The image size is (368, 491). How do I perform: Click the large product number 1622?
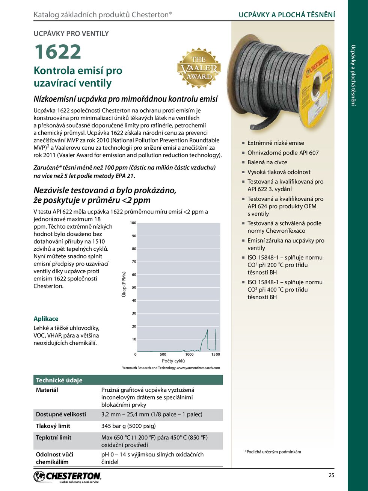[57, 52]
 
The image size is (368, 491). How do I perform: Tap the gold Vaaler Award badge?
[199, 68]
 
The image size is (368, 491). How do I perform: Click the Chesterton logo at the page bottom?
[68, 477]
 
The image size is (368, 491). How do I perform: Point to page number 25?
[331, 475]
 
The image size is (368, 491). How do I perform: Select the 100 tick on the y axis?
[133, 223]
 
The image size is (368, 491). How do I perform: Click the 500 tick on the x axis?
[163, 354]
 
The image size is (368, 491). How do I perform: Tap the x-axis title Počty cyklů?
[173, 361]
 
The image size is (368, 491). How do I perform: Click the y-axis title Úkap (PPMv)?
[124, 284]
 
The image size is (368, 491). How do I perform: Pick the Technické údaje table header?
[59, 380]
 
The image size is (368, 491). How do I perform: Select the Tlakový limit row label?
[53, 426]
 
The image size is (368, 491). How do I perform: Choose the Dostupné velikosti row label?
[61, 414]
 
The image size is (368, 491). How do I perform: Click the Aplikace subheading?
[46, 318]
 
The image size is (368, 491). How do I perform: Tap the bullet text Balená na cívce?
[267, 162]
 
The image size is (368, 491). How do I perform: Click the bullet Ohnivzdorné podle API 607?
[283, 153]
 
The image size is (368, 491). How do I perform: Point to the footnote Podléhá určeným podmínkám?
[273, 452]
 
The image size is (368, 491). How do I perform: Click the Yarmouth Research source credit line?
[171, 368]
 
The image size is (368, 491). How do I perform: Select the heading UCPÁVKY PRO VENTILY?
[71, 33]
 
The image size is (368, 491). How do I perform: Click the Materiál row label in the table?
[47, 390]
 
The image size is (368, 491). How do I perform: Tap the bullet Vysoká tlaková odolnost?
[279, 172]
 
